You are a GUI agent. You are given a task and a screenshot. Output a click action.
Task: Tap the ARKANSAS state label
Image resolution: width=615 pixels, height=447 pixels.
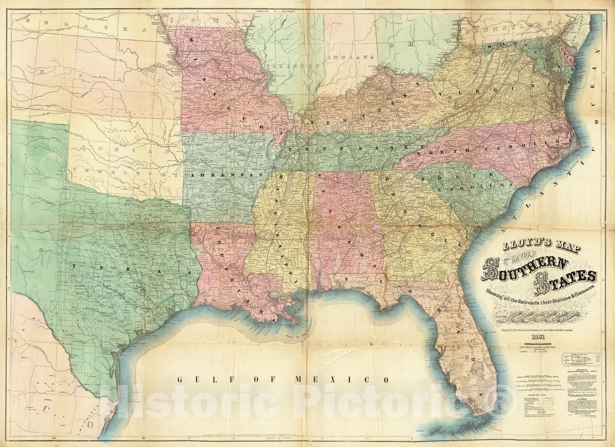pos(226,175)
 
